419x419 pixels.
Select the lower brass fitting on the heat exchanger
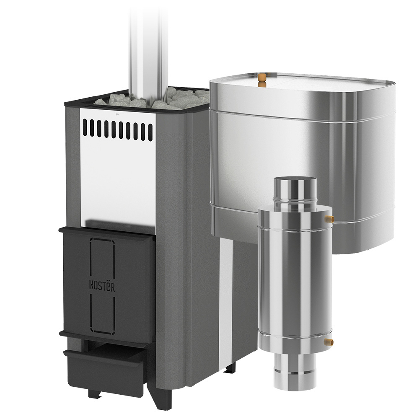click(329, 341)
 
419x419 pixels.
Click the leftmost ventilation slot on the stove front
click(85, 127)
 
